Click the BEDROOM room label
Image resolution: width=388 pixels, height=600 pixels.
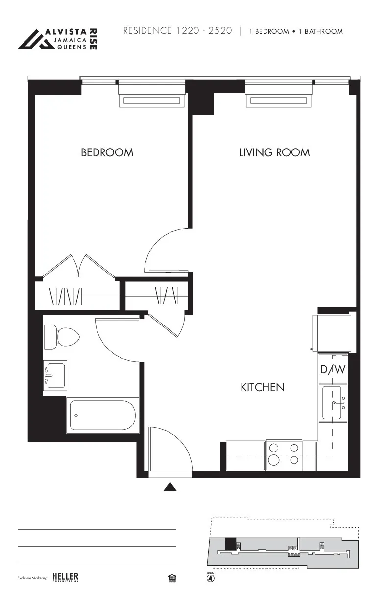(x=107, y=152)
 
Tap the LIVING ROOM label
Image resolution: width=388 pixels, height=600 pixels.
(x=274, y=152)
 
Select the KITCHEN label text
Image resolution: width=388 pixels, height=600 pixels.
(x=262, y=387)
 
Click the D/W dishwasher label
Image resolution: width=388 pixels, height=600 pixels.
(x=333, y=369)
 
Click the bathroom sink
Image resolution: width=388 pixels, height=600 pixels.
(x=55, y=375)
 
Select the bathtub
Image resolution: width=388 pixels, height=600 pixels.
(x=102, y=415)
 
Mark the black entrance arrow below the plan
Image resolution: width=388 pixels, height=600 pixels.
(x=170, y=486)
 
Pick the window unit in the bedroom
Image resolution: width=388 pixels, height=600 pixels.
(x=152, y=100)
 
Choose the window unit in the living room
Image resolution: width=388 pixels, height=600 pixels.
(x=279, y=100)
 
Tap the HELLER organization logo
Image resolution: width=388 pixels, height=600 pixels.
(x=65, y=577)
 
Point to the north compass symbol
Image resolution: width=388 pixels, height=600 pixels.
(x=210, y=578)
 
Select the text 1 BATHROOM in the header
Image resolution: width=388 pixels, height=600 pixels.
(x=321, y=31)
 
